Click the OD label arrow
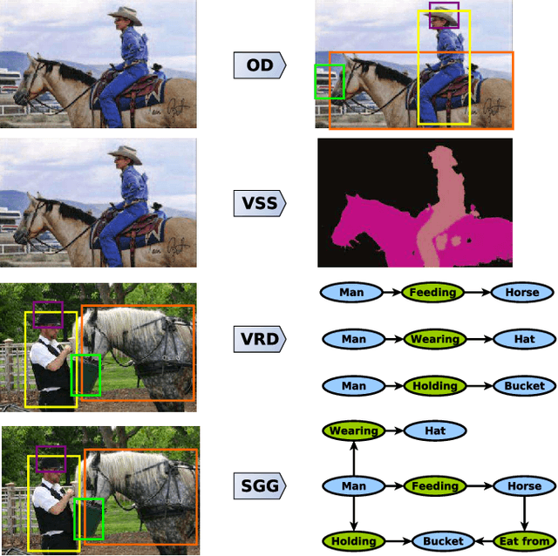point(260,64)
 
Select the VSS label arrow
point(260,204)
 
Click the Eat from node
point(523,541)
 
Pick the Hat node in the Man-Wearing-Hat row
point(521,339)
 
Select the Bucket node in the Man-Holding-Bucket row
point(523,385)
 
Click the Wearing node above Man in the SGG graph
point(354,431)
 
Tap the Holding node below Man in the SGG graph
point(354,541)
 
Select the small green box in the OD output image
point(330,81)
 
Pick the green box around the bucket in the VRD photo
point(85,375)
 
